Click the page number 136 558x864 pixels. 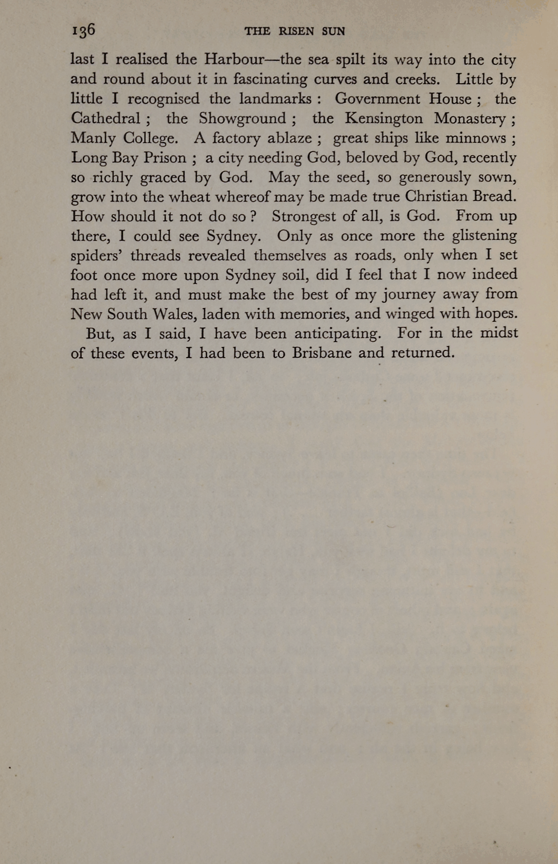coord(83,31)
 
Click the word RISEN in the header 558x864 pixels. coord(296,31)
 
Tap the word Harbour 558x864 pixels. coord(234,60)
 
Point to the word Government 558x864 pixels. coord(377,99)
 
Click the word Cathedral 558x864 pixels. coord(106,119)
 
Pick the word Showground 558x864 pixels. coord(242,119)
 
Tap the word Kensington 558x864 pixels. coord(384,119)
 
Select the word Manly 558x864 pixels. coord(93,138)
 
